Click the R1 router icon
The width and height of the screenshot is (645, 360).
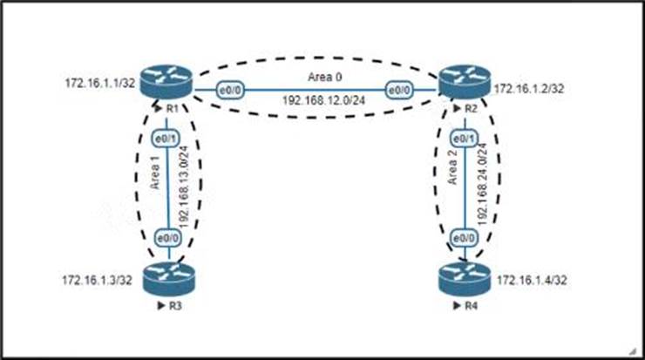point(172,85)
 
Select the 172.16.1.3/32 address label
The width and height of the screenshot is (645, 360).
point(96,280)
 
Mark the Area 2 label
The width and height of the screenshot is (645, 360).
point(451,176)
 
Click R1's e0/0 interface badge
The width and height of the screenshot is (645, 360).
point(228,90)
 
